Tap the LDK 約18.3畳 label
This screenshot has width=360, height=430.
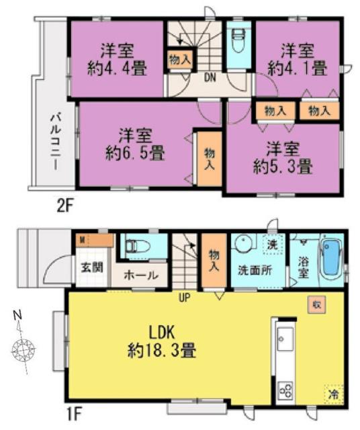pyautogui.click(x=163, y=341)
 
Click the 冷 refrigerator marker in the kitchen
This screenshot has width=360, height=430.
pyautogui.click(x=332, y=393)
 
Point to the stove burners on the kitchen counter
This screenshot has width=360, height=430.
pyautogui.click(x=285, y=390)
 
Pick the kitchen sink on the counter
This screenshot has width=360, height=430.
pyautogui.click(x=283, y=337)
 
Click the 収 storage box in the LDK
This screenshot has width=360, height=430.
pyautogui.click(x=314, y=304)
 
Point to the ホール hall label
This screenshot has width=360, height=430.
pyautogui.click(x=142, y=275)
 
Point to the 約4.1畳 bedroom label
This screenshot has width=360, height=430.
pyautogui.click(x=297, y=58)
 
